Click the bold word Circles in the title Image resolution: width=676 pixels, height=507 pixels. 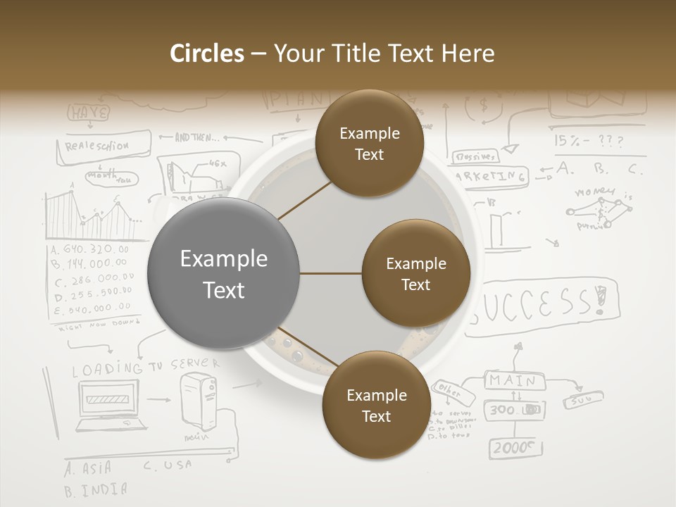(x=207, y=54)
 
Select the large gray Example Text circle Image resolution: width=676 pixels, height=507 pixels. (x=224, y=274)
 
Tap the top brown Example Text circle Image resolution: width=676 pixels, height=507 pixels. (x=369, y=144)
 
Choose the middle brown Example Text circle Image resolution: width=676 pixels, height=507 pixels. (x=415, y=273)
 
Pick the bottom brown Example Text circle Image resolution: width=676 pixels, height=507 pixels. (x=376, y=405)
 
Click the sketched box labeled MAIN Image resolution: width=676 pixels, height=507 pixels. (x=513, y=381)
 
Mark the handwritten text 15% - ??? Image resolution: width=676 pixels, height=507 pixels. (x=588, y=141)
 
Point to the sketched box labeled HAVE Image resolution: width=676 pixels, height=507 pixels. (x=89, y=113)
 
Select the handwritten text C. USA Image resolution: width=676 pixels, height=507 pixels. (x=168, y=465)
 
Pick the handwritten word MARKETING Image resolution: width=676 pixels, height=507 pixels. (x=491, y=176)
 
